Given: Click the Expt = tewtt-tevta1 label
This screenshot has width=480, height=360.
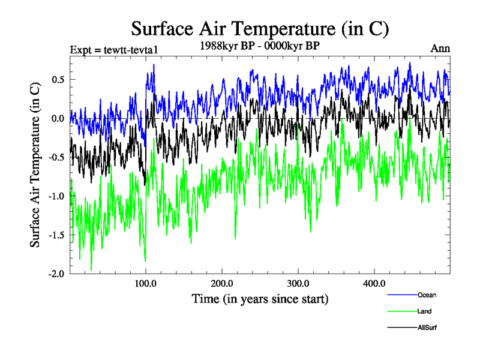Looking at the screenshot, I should pos(113,50).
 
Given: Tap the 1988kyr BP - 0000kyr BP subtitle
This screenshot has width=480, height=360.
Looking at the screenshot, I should pos(259,46).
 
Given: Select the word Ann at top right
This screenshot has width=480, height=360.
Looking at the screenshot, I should pos(440,49).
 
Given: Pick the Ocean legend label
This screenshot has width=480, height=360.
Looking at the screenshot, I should pos(427,295).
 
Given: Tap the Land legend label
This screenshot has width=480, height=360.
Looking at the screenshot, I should pos(424,311).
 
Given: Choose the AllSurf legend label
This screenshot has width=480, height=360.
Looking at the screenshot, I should pos(427,328).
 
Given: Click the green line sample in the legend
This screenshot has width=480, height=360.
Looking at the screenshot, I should pos(401,311).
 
